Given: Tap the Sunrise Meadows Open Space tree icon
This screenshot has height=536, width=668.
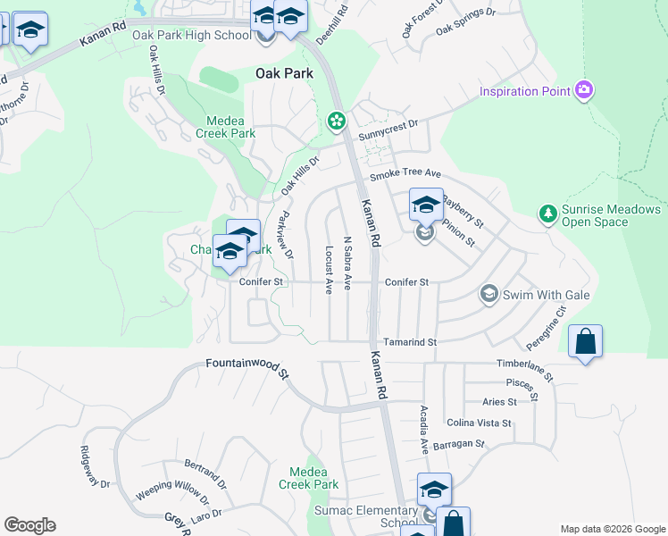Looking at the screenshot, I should pos(547,214).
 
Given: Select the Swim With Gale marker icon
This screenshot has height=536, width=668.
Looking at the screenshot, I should pos(488,293).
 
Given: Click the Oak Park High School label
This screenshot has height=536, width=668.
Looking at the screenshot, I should pos(191,36).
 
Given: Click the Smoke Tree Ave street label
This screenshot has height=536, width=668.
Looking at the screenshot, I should pos(406,173).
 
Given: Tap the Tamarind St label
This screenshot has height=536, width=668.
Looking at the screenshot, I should pos(410,342).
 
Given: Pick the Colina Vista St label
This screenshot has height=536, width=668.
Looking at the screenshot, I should pos(480,423).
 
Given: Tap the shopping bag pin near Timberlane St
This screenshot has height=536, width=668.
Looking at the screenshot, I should pos(585,341).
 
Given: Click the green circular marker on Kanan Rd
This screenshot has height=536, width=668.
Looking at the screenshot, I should pos(337,120).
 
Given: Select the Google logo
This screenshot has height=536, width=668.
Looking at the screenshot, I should pos(29,525).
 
